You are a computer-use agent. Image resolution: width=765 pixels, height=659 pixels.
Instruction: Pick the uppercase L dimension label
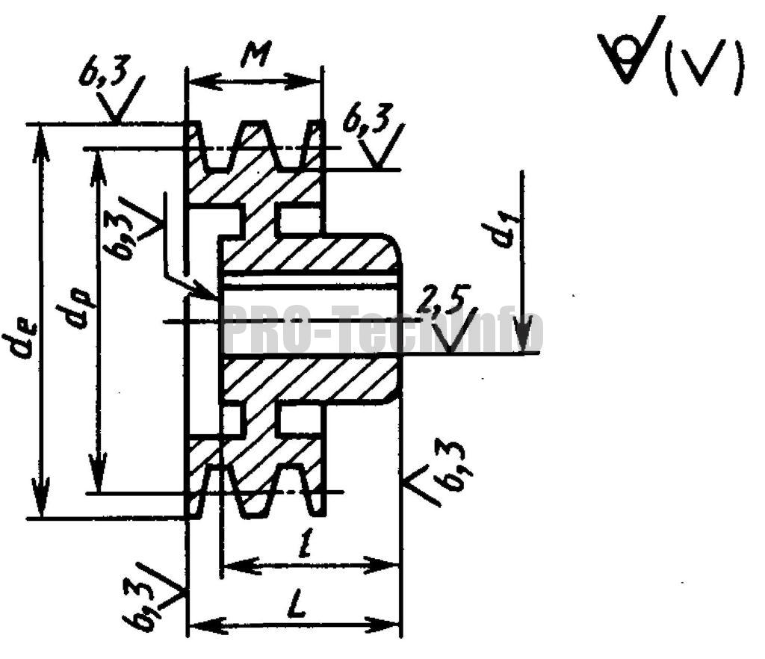point(297,607)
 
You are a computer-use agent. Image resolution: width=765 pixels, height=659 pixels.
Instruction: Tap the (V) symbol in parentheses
point(710,69)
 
